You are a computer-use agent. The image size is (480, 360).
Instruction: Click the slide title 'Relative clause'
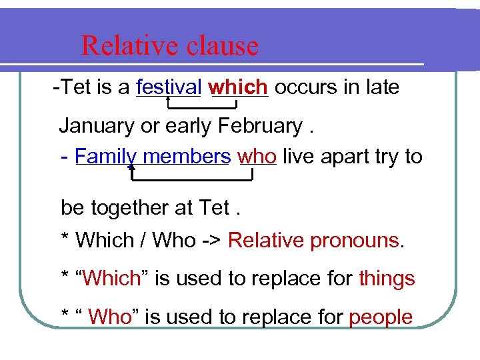pyautogui.click(x=169, y=45)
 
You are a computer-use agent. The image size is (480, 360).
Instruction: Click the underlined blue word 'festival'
pyautogui.click(x=169, y=87)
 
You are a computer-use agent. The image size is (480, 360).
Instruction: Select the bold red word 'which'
pyautogui.click(x=238, y=87)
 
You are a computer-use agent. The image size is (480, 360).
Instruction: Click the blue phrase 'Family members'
pyautogui.click(x=153, y=157)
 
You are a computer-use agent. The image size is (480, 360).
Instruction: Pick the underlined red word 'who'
pyautogui.click(x=257, y=157)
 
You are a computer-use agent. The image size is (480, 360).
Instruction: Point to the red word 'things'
pyautogui.click(x=387, y=278)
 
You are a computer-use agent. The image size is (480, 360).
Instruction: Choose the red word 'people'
pyautogui.click(x=381, y=317)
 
